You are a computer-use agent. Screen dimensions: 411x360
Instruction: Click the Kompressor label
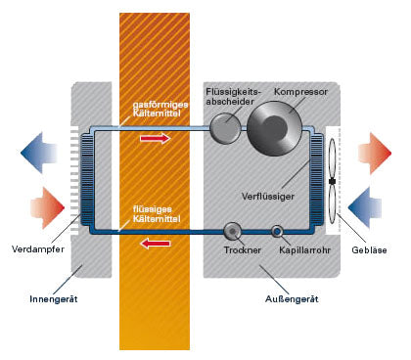[300, 92]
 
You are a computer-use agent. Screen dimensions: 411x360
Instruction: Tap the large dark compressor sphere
[274, 128]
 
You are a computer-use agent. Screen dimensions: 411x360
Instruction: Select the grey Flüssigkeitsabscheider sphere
[225, 128]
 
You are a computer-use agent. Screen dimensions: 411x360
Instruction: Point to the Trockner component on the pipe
[233, 231]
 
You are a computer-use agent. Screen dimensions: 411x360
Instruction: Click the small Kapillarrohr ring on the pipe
[277, 231]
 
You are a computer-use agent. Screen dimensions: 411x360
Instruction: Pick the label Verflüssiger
[268, 197]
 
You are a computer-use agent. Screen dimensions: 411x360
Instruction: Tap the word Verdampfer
[38, 249]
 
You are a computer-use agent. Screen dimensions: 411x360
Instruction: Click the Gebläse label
[369, 250]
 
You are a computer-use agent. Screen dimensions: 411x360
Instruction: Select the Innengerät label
[54, 299]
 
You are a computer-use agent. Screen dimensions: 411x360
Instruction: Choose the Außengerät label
[292, 299]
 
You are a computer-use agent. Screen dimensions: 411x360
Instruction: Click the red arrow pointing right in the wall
[156, 139]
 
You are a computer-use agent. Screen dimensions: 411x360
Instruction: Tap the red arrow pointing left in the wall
[156, 244]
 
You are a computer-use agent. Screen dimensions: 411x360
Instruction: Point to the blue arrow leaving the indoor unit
[39, 153]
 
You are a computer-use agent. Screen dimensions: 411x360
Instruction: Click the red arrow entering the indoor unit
[47, 207]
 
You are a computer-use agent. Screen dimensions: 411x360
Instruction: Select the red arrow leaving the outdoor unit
[375, 153]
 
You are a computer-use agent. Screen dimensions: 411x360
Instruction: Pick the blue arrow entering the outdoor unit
[365, 207]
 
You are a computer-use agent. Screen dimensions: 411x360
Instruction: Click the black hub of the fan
[333, 181]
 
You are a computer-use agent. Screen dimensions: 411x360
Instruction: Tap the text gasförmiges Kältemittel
[160, 109]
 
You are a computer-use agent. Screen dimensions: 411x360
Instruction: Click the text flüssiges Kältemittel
[157, 214]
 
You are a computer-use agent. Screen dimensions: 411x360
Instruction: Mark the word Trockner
[243, 250]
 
